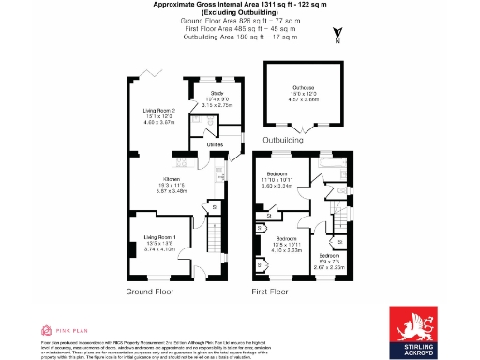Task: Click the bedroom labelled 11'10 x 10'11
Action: point(279,174)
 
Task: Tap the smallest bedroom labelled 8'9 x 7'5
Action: point(328,256)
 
